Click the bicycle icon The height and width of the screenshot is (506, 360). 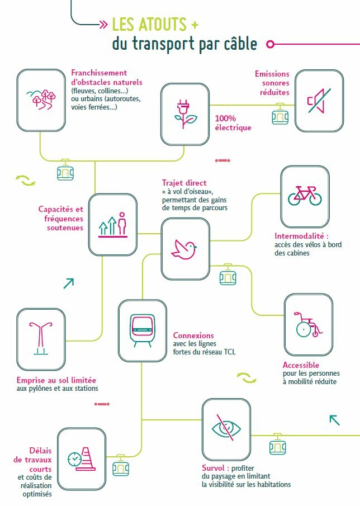coord(305,196)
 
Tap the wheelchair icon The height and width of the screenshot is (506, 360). coord(308,325)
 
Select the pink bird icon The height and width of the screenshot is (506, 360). coord(184,249)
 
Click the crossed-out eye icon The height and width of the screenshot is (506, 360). coord(226,428)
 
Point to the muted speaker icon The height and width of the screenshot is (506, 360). coord(319,101)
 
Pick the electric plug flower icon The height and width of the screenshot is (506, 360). coord(185,114)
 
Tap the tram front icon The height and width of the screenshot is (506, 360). coord(142,330)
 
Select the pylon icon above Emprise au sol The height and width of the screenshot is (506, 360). coord(41,338)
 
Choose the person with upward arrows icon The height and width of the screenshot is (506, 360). coord(112,225)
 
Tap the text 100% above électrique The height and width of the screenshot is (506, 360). coord(225,119)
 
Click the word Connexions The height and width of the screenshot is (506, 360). coord(193,335)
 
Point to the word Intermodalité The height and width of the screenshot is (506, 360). coord(299,236)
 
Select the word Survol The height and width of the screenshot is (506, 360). coord(213,468)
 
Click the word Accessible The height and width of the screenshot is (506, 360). coord(301,365)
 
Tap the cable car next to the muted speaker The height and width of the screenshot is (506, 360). coord(280,114)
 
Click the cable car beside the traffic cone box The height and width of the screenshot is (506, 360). coord(121,465)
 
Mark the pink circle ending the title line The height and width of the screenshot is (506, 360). coord(271,44)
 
